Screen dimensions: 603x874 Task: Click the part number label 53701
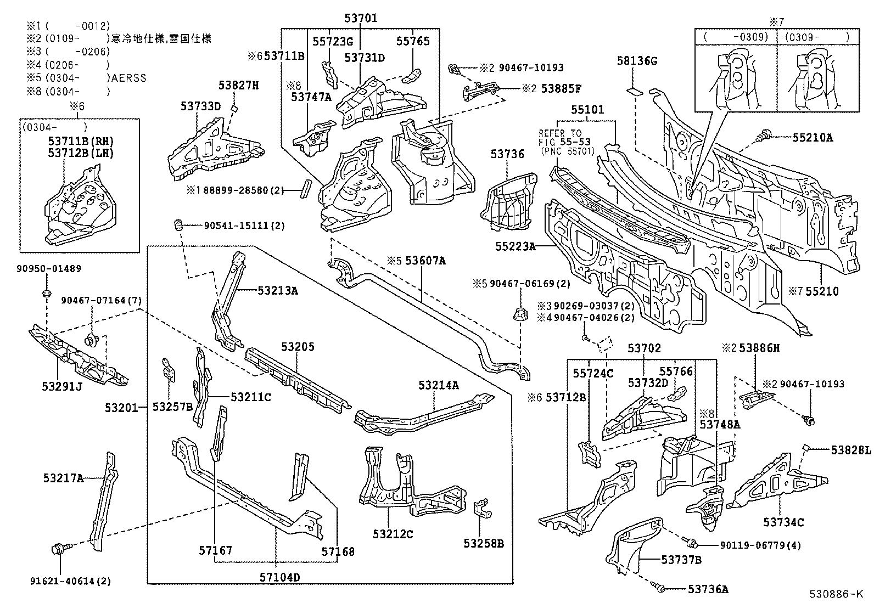[361, 18]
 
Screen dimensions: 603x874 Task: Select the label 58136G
[636, 61]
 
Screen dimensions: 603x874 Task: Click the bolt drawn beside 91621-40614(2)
[59, 548]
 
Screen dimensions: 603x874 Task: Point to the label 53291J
[61, 386]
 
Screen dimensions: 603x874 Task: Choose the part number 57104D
[281, 577]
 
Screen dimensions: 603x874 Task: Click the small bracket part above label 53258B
[481, 508]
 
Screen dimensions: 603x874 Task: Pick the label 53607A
[425, 261]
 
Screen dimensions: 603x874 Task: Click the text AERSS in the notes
[129, 78]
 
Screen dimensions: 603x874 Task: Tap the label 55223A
[515, 247]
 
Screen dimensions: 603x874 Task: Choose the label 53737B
[681, 560]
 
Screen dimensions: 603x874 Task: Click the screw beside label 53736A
[661, 589]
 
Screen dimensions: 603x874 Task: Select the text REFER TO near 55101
[559, 133]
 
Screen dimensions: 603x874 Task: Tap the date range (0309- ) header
[816, 37]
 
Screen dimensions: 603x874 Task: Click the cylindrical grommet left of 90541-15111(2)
[178, 225]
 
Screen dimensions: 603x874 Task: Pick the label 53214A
[438, 385]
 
